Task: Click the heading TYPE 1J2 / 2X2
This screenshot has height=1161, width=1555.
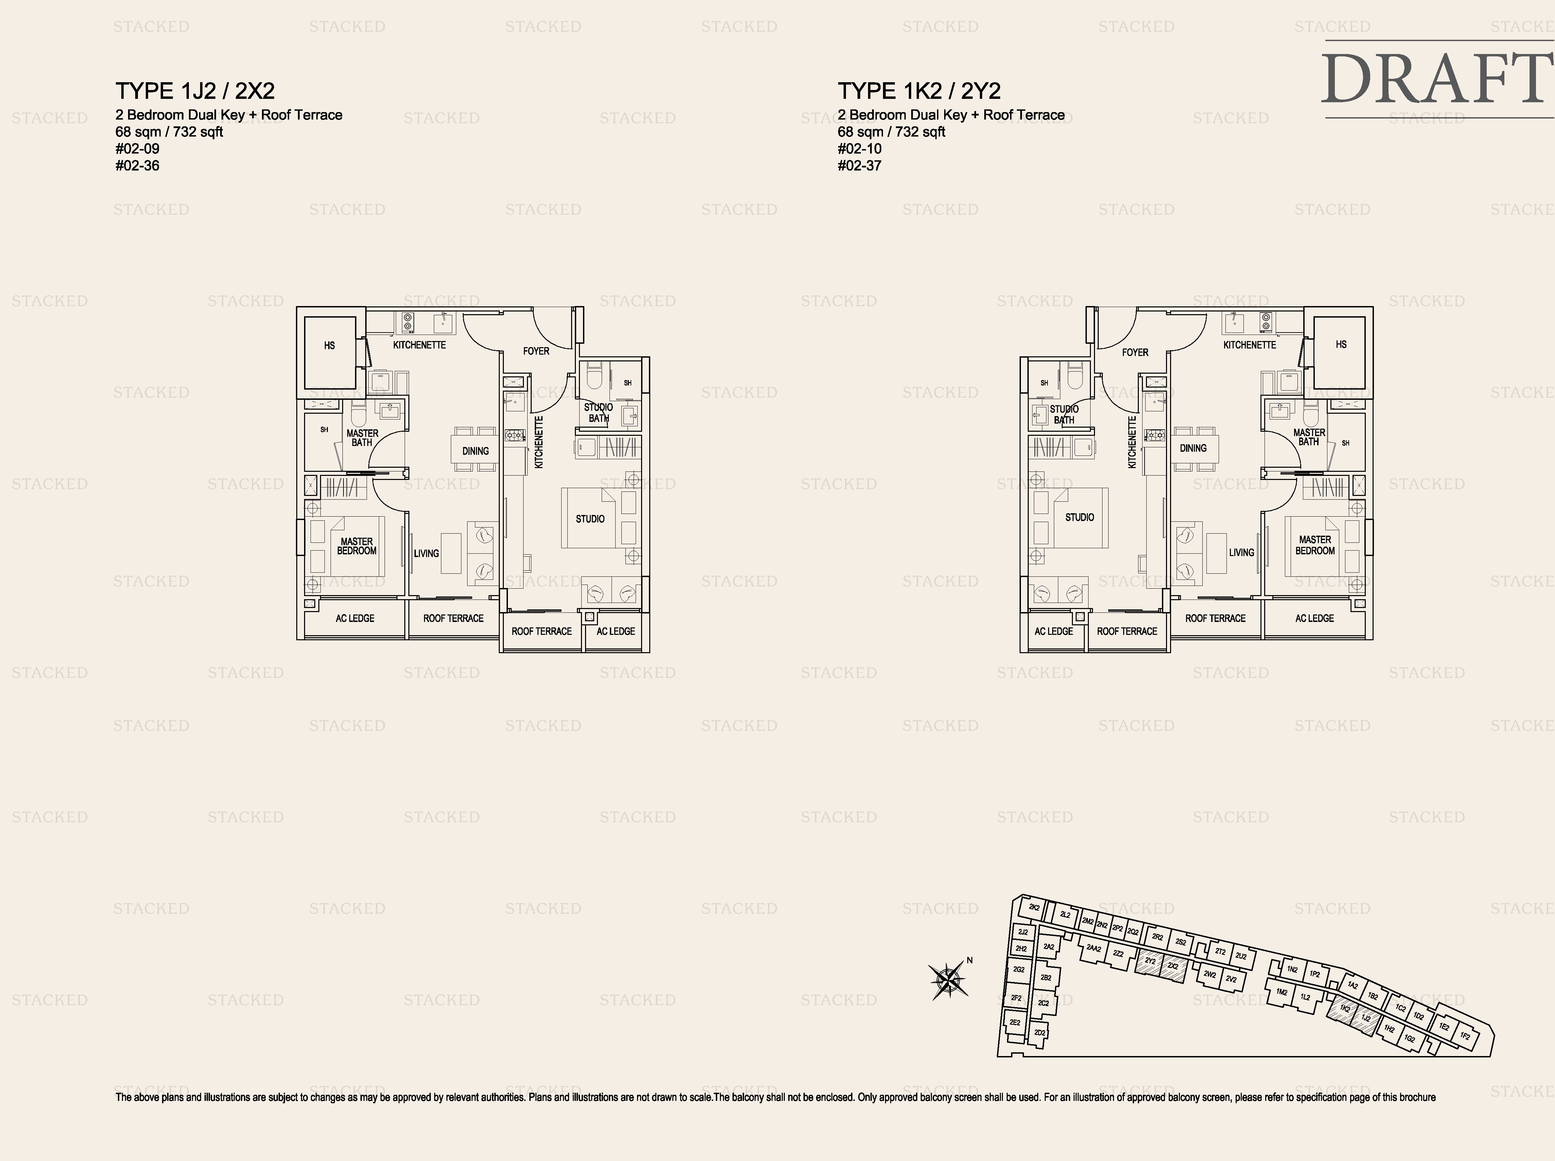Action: pos(195,91)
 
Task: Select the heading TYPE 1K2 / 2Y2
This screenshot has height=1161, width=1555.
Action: pos(919,91)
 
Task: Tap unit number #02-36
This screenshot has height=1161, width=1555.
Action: pos(138,166)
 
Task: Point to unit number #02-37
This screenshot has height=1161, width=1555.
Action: pos(859,166)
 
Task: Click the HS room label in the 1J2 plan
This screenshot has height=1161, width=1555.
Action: pos(329,346)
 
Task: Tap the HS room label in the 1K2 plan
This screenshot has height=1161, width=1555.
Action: pos(1341,344)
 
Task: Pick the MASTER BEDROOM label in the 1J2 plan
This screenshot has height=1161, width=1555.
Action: pos(356,546)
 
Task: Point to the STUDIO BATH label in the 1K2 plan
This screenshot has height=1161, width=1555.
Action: pos(1064,414)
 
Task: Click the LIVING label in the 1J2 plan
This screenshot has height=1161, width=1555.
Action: pos(426,553)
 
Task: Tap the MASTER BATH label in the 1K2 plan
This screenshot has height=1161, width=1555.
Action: pos(1309,437)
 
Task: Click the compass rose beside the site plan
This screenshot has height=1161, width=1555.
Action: pos(948,980)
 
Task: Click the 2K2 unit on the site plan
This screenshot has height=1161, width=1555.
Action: pos(1034,907)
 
